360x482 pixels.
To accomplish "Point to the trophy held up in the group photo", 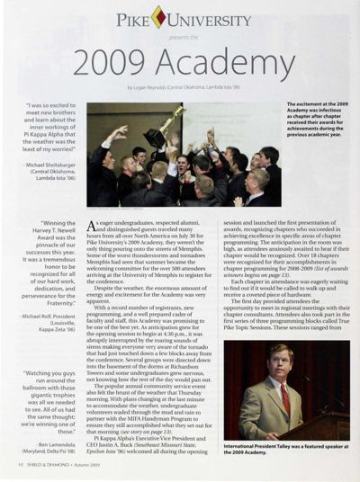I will coord(177,118).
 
